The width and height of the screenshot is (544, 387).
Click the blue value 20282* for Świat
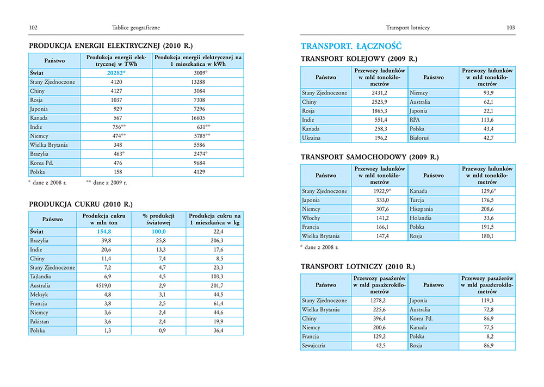(116, 72)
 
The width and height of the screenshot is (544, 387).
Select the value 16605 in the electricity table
(198, 117)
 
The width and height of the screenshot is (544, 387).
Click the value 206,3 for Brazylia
(216, 240)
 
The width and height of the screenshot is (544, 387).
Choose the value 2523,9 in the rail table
(379, 102)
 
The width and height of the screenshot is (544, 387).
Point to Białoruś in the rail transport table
(420, 138)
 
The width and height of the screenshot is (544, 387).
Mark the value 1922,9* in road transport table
(380, 191)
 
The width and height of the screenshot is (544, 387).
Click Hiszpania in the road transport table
(423, 209)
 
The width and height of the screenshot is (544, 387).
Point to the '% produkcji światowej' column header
(157, 220)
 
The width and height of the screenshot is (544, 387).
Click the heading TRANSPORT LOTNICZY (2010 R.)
(357, 267)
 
